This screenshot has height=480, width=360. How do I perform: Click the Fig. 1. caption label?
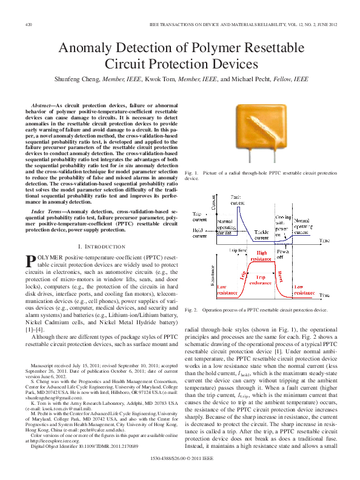tap(191, 173)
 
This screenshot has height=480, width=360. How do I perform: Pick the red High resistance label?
tap(262, 256)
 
